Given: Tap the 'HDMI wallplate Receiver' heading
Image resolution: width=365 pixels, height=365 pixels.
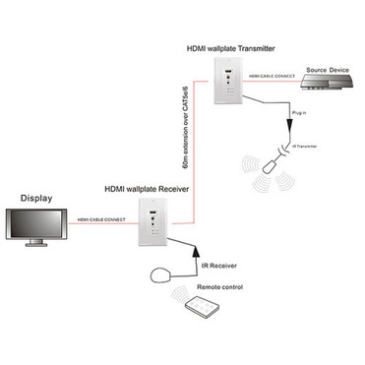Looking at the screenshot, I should click(x=149, y=186).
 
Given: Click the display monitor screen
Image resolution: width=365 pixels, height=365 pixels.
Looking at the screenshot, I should click(x=33, y=227).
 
